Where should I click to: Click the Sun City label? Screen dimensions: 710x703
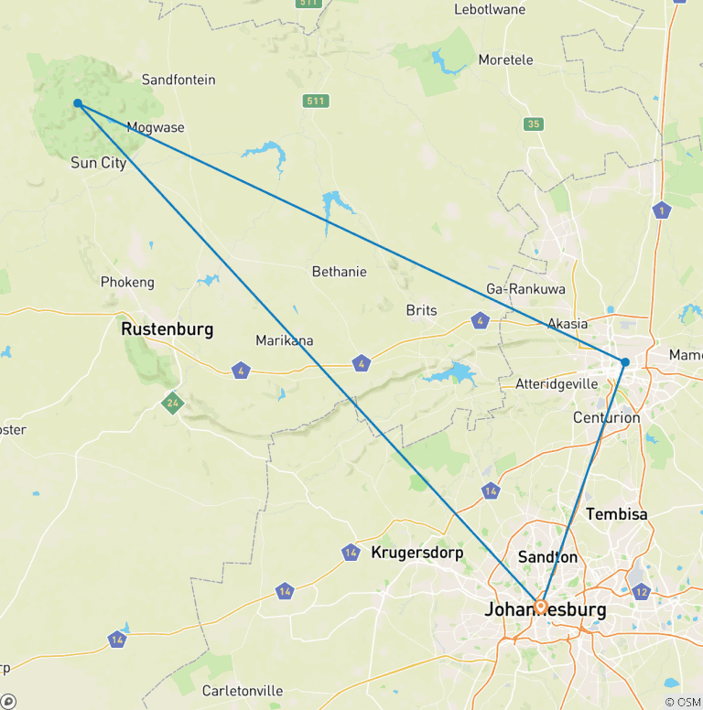pos(98,163)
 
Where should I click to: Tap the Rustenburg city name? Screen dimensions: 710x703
pos(167,328)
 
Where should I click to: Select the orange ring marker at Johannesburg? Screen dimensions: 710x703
pos(541,607)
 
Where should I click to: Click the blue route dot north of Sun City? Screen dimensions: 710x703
pos(78,103)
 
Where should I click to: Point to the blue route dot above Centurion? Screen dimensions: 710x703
pos(625,362)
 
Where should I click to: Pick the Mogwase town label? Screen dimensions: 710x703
pos(155,127)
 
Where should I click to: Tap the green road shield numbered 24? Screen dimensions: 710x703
pos(172,401)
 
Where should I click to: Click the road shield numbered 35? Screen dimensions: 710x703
pos(534,124)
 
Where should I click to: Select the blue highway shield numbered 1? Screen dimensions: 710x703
pos(661,210)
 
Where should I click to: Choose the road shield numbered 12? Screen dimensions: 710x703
pos(641,591)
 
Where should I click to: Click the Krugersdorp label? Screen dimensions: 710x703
pos(416,553)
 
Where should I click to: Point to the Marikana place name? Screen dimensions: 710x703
pos(284,340)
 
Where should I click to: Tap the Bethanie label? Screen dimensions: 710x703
pos(339,272)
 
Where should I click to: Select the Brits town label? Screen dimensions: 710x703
pos(422,310)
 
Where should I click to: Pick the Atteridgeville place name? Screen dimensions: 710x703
pos(556,384)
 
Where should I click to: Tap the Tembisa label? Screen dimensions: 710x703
pos(616,514)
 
